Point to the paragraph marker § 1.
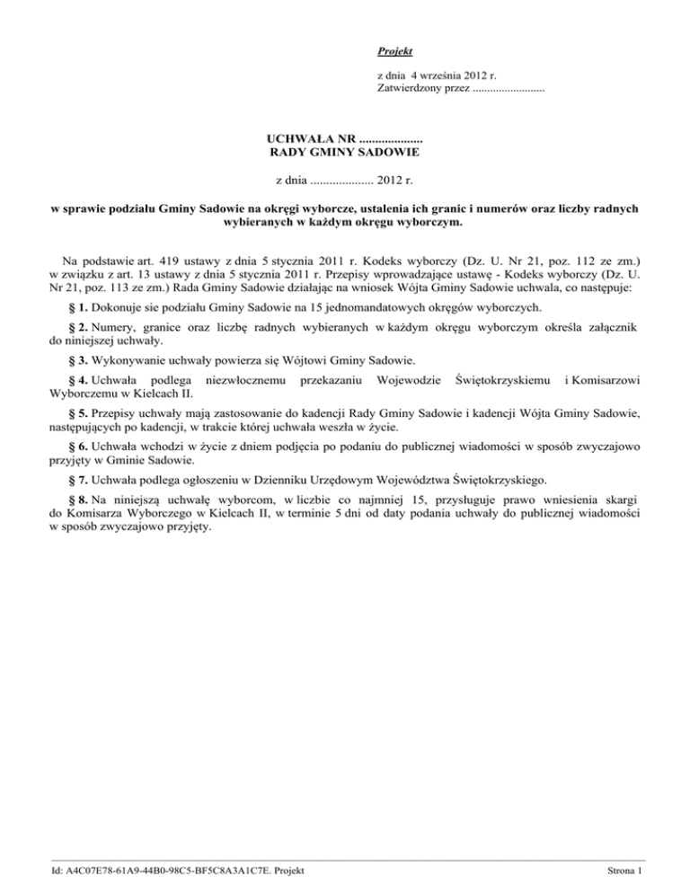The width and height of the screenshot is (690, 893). tap(80, 307)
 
